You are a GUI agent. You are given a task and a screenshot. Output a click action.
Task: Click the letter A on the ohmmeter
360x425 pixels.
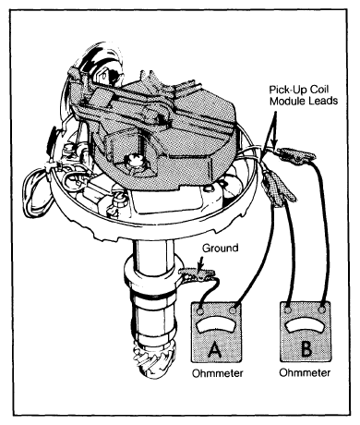(215, 349)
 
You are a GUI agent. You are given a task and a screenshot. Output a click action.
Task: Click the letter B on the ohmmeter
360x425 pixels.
(306, 348)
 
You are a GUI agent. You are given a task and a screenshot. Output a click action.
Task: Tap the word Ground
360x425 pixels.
(221, 248)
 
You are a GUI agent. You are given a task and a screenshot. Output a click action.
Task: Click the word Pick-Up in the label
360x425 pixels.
(284, 90)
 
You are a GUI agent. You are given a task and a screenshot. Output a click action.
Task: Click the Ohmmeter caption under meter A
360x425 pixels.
(218, 373)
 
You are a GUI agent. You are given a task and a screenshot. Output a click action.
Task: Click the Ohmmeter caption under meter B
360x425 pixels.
(305, 372)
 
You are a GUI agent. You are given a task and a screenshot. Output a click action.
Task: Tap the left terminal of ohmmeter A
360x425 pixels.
(199, 311)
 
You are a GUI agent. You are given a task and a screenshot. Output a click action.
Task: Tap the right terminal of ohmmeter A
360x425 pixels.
(233, 310)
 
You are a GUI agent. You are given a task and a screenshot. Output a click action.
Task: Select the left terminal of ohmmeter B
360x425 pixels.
(288, 310)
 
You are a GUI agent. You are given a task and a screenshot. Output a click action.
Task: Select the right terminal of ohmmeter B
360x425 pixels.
(322, 310)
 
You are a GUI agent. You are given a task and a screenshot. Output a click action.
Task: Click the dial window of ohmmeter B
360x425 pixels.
(305, 325)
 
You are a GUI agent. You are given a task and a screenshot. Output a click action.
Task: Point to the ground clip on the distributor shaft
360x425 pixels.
(197, 274)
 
